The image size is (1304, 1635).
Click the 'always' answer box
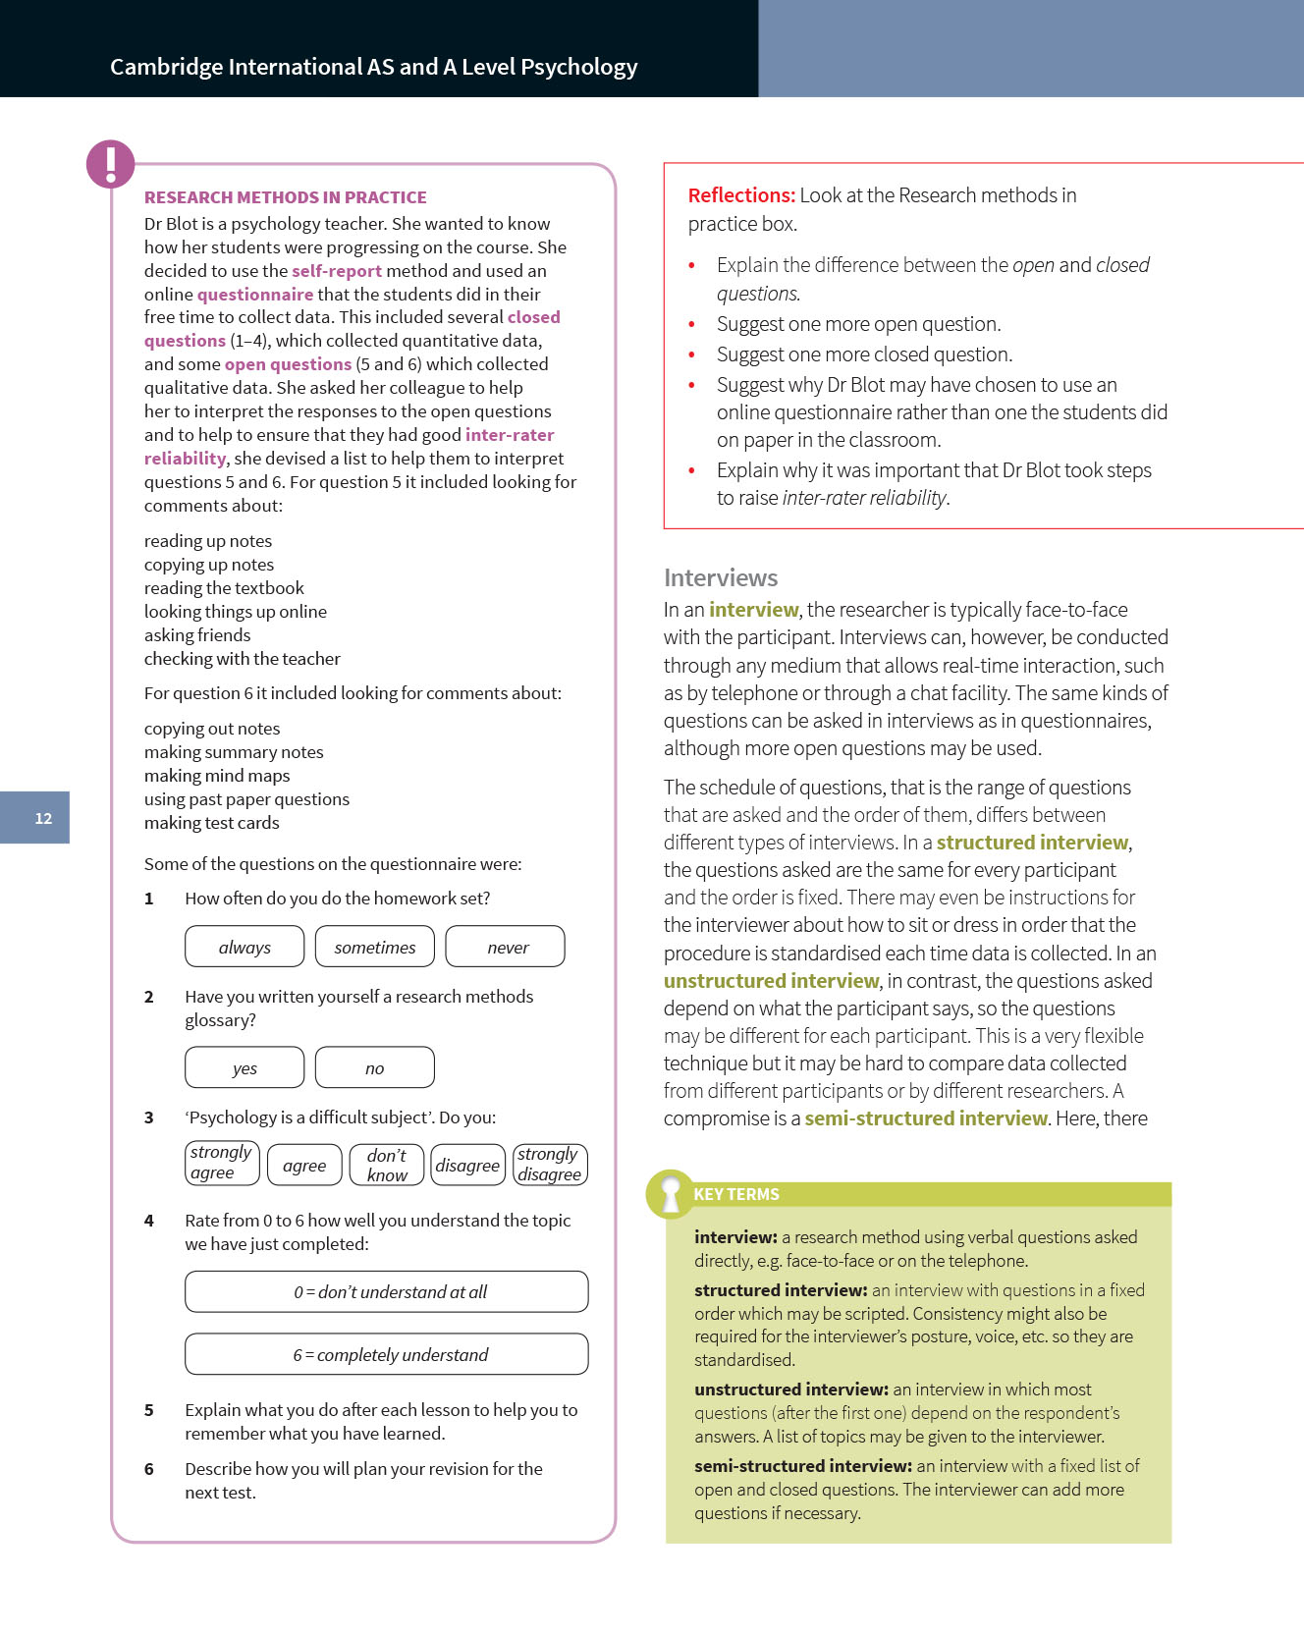pyautogui.click(x=244, y=947)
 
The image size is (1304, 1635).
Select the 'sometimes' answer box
pyautogui.click(x=374, y=947)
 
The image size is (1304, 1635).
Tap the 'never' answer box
pyautogui.click(x=506, y=947)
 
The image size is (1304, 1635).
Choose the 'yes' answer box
pyautogui.click(x=244, y=1067)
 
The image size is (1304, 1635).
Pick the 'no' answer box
pyautogui.click(x=374, y=1067)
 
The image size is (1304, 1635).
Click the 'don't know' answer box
pyautogui.click(x=387, y=1165)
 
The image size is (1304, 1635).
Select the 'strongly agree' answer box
pyautogui.click(x=222, y=1164)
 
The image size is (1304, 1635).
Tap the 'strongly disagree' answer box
pyautogui.click(x=550, y=1165)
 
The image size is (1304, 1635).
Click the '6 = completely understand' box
pyautogui.click(x=387, y=1354)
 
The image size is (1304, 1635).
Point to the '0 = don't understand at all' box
pyautogui.click(x=387, y=1291)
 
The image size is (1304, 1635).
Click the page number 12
pyautogui.click(x=43, y=818)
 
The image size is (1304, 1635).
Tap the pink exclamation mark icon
pyautogui.click(x=110, y=163)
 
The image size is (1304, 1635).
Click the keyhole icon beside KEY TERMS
pyautogui.click(x=671, y=1194)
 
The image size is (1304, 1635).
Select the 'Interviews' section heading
pyautogui.click(x=721, y=577)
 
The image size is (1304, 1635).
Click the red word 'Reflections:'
pyautogui.click(x=741, y=195)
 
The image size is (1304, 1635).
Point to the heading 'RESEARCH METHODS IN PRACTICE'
pyautogui.click(x=285, y=197)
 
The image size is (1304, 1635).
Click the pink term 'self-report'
pyautogui.click(x=337, y=271)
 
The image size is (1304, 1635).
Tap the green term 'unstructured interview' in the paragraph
pyautogui.click(x=771, y=981)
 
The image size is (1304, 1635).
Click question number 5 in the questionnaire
pyautogui.click(x=149, y=1410)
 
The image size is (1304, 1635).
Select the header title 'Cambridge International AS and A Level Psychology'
pyautogui.click(x=373, y=67)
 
